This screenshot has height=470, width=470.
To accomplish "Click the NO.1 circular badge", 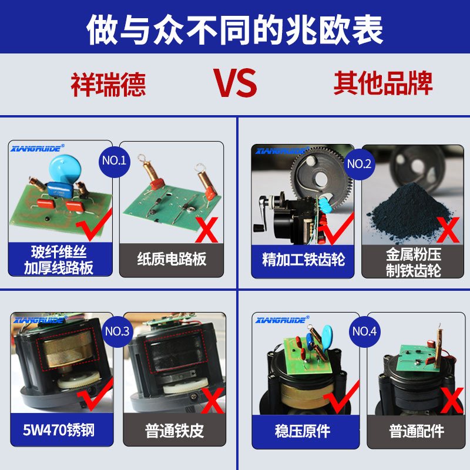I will (x=115, y=160).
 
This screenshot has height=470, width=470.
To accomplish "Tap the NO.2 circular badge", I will (x=360, y=164).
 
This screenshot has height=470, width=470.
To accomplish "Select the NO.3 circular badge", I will (x=117, y=331).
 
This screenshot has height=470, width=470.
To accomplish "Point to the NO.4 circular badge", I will (x=364, y=331).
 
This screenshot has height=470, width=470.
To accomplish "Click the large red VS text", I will (x=235, y=83).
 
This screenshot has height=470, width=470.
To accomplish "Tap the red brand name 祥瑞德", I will (x=108, y=84).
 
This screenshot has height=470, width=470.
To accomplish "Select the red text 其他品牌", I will (x=383, y=83).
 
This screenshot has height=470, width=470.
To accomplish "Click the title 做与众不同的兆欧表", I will (x=235, y=28).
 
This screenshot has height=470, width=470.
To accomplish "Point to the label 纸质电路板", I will (x=172, y=259).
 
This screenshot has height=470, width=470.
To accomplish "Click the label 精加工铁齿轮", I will (x=303, y=259).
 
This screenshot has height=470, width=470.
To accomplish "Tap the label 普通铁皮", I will (x=174, y=431).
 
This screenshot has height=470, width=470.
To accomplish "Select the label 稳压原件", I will (x=303, y=431).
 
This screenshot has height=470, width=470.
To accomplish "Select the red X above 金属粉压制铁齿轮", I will (x=448, y=230).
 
